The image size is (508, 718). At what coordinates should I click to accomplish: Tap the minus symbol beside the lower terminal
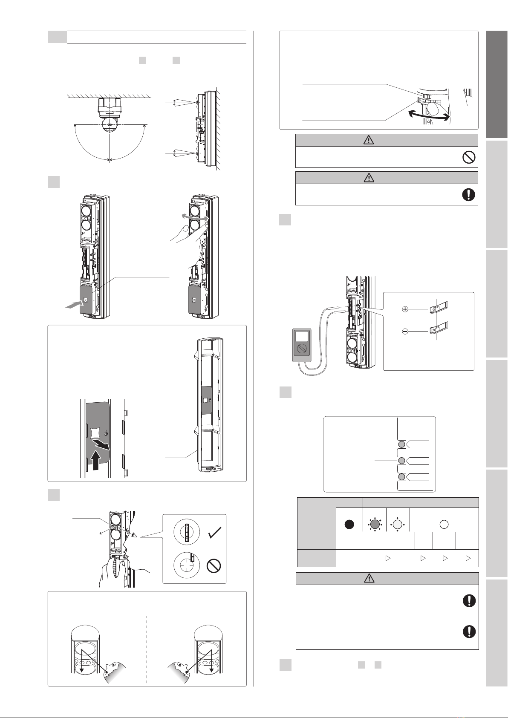(x=405, y=331)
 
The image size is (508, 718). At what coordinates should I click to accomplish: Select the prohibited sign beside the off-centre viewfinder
(x=213, y=566)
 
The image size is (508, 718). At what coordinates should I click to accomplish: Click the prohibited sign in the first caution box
(x=468, y=158)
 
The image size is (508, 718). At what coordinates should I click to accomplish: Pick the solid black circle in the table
(x=349, y=524)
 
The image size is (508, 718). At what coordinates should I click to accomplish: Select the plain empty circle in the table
(x=444, y=524)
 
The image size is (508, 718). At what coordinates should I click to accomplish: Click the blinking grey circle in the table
(x=375, y=524)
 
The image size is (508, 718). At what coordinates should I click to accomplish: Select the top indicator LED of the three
(x=401, y=445)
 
